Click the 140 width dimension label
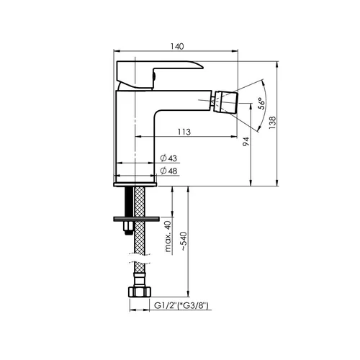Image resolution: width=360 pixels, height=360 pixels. click(177, 46)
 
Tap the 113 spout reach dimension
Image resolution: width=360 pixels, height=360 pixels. click(184, 132)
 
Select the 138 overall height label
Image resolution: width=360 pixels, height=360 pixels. click(272, 123)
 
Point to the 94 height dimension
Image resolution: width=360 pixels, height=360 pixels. click(246, 141)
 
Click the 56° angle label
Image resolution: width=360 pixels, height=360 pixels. click(261, 104)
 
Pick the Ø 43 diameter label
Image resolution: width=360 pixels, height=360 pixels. click(168, 158)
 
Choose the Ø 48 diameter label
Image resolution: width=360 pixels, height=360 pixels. click(168, 171)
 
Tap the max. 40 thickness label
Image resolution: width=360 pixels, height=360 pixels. click(168, 236)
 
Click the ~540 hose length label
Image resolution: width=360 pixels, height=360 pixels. click(184, 241)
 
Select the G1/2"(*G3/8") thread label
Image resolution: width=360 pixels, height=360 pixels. click(181, 305)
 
